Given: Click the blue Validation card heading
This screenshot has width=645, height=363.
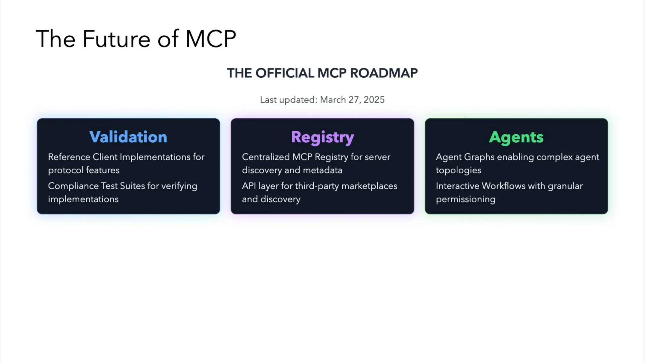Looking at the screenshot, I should coord(128,137).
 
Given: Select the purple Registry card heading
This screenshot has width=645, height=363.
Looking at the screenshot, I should coord(322,137).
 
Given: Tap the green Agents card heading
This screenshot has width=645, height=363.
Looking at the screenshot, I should coord(516,137).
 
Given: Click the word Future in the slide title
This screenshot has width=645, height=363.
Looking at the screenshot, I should coord(116,39).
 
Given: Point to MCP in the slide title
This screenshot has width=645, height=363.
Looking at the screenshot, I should coord(211,39).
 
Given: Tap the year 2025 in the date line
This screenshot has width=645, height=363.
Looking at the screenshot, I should coord(374,100).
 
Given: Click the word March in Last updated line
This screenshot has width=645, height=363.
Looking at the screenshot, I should coord(333,100).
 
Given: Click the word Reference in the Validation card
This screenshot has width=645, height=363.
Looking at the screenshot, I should coord(69,157).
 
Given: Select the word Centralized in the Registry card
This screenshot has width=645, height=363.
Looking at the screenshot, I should coord(265,157).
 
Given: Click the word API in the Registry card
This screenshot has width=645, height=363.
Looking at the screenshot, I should coord(249,186).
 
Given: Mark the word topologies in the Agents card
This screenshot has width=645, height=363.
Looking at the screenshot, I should coord(458,170).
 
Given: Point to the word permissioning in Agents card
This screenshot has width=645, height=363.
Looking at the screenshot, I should coord(465,199).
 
